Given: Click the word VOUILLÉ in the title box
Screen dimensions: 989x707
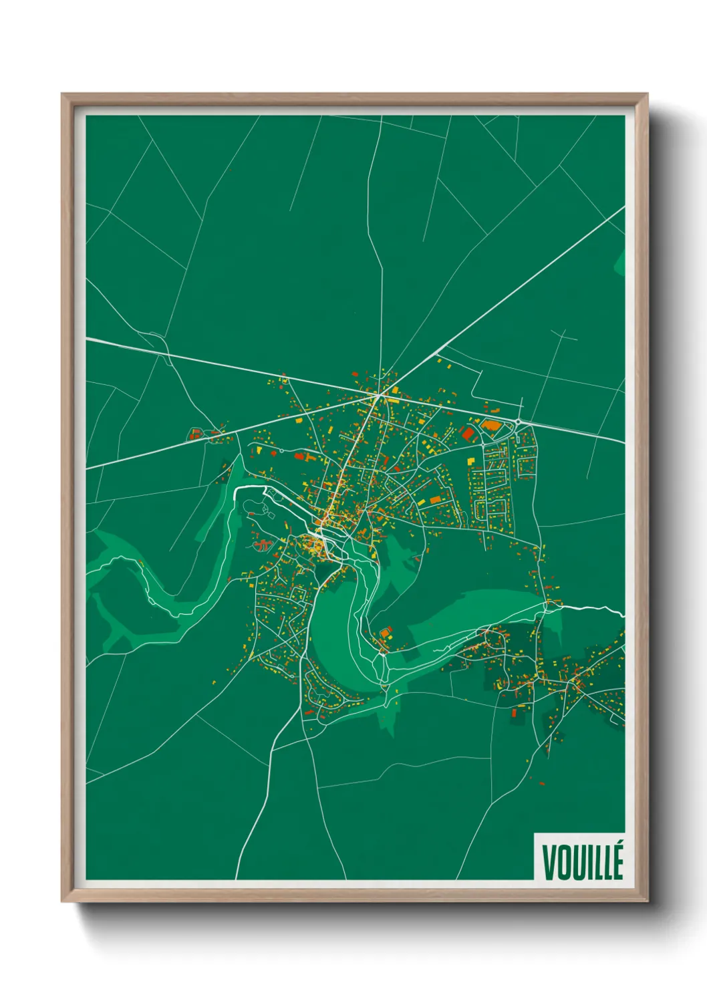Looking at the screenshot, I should click(x=582, y=862).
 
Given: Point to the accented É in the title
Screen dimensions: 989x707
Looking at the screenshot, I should click(x=617, y=861).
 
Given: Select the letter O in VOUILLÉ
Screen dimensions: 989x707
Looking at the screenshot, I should click(x=565, y=863).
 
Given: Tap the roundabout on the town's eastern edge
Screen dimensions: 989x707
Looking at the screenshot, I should click(x=518, y=422).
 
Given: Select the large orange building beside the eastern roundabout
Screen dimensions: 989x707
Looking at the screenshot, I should click(x=491, y=425).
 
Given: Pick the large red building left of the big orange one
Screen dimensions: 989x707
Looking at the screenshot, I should click(x=468, y=433).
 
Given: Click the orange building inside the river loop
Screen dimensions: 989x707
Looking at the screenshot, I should click(x=386, y=631).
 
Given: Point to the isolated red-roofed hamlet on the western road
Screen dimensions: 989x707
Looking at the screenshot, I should click(x=196, y=434).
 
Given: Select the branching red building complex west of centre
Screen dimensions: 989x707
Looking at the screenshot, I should click(x=262, y=545).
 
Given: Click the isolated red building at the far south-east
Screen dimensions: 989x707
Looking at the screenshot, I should click(x=541, y=783).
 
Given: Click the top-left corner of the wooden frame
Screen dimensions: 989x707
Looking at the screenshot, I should click(x=63, y=95).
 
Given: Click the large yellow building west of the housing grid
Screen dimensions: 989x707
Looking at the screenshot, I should click(x=470, y=463).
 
